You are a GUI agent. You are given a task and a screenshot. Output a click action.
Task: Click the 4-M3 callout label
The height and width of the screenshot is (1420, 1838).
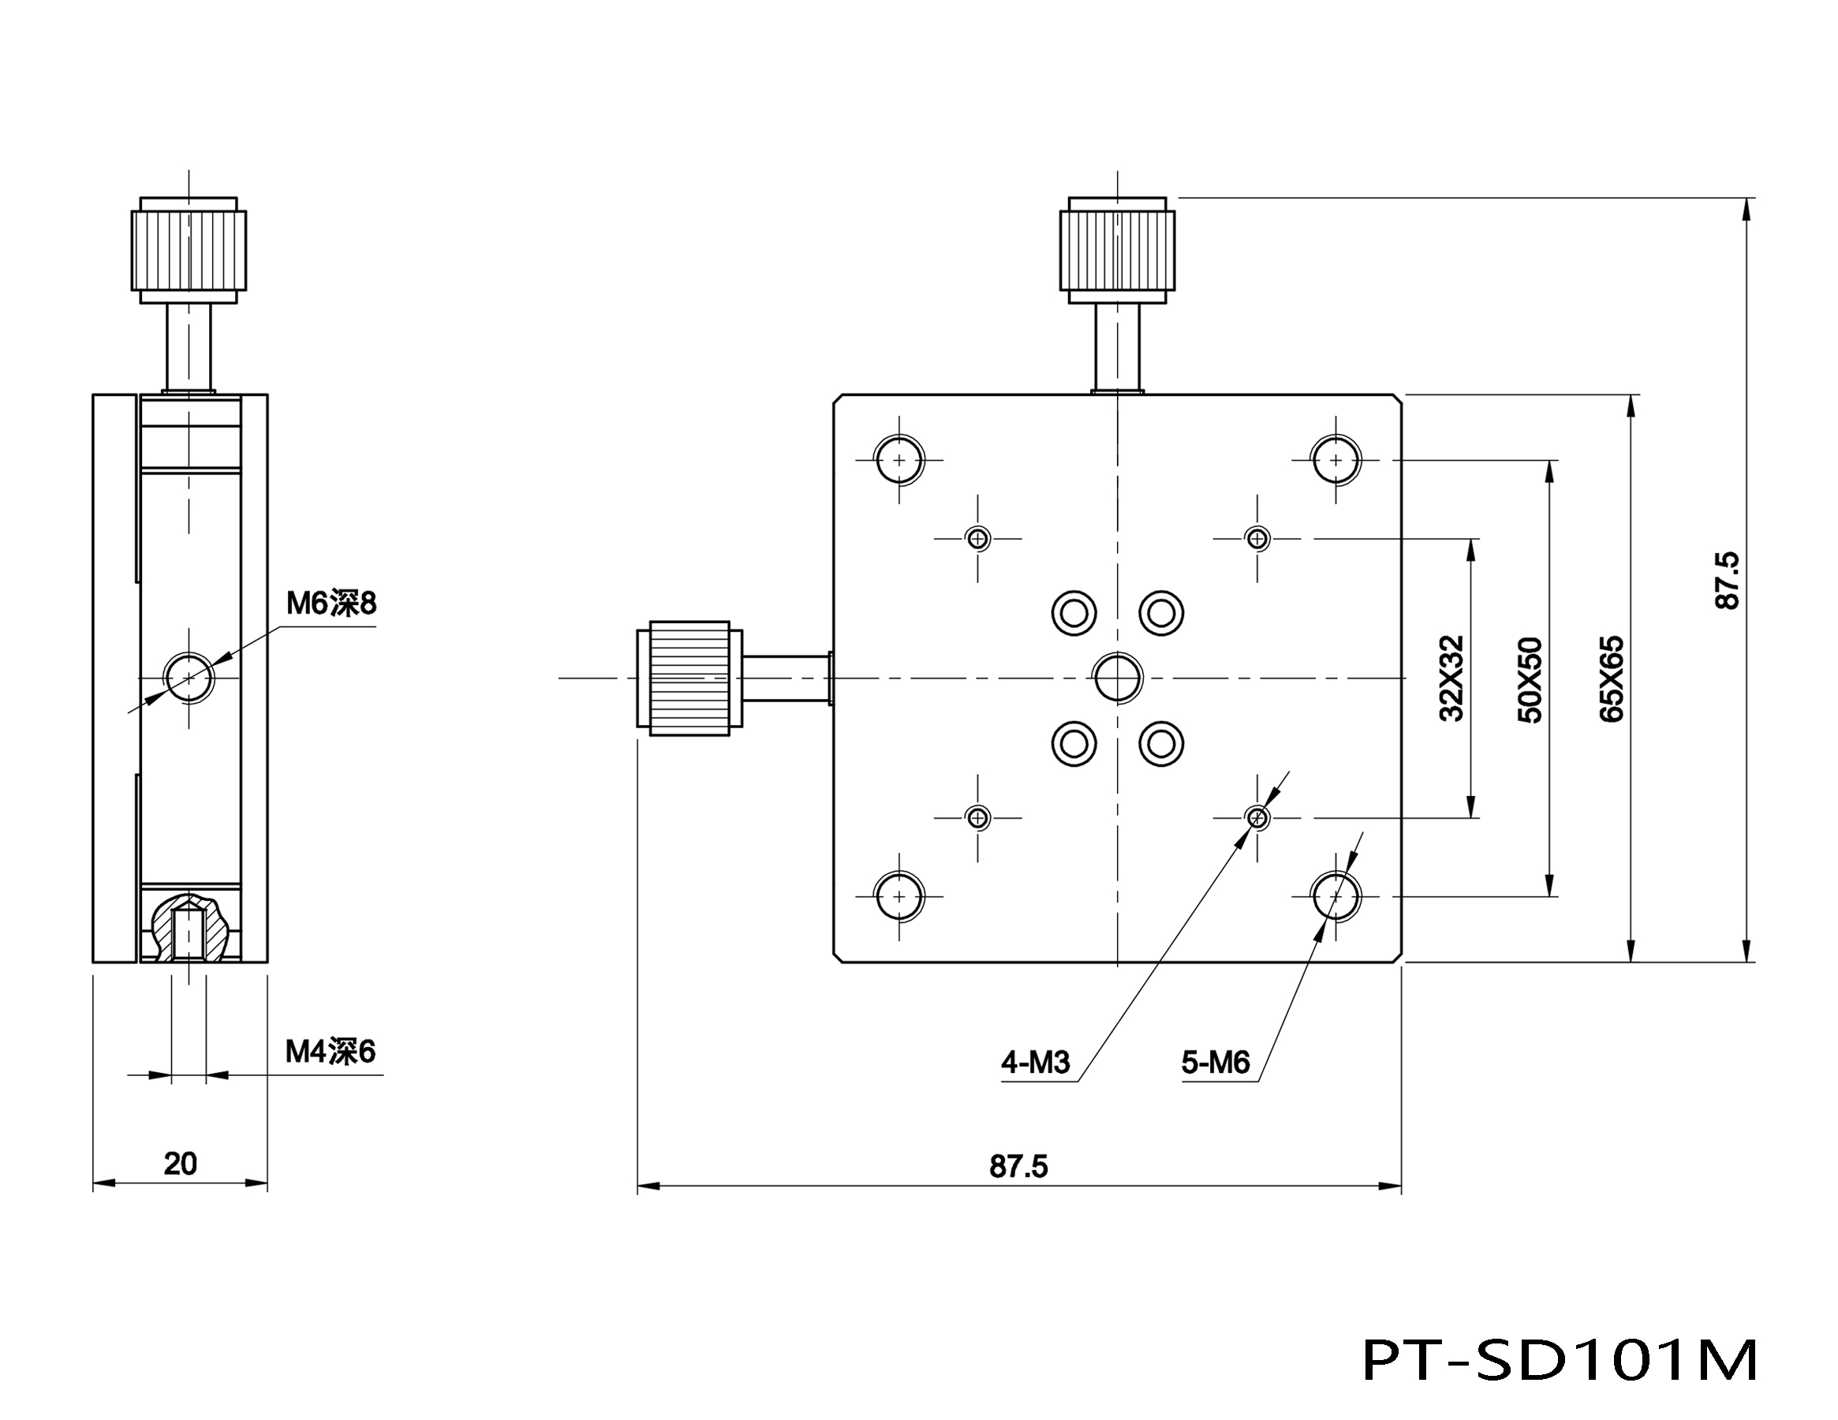1035,1063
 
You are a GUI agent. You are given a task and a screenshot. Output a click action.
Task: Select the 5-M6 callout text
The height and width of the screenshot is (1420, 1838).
1216,1063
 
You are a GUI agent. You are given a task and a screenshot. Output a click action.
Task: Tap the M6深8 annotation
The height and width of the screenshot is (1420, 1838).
331,603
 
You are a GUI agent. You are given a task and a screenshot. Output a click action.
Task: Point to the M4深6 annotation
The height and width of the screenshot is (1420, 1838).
330,1052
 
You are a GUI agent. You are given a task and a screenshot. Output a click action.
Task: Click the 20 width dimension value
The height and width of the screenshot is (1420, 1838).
180,1164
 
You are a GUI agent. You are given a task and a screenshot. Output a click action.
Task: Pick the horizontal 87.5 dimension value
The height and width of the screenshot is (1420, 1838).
1018,1167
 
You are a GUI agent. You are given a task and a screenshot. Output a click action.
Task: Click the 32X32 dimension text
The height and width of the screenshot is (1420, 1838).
1451,678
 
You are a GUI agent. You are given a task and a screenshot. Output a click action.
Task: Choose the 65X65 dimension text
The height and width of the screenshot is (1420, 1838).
1611,678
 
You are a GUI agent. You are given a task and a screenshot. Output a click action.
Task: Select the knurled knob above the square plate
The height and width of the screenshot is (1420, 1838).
1118,249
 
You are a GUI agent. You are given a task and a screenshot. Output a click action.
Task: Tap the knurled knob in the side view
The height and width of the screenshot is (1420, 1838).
189,250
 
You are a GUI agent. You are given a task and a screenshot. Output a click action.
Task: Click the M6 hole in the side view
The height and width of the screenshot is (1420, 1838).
189,677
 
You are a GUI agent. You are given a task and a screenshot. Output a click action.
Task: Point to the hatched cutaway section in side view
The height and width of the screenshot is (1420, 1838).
189,928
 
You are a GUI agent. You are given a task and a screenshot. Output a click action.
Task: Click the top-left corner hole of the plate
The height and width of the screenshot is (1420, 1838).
898,461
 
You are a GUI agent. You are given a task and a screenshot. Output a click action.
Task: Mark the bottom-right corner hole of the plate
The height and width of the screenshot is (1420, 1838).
1336,896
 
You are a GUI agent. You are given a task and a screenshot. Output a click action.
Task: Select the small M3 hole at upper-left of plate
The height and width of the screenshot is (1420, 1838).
977,538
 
